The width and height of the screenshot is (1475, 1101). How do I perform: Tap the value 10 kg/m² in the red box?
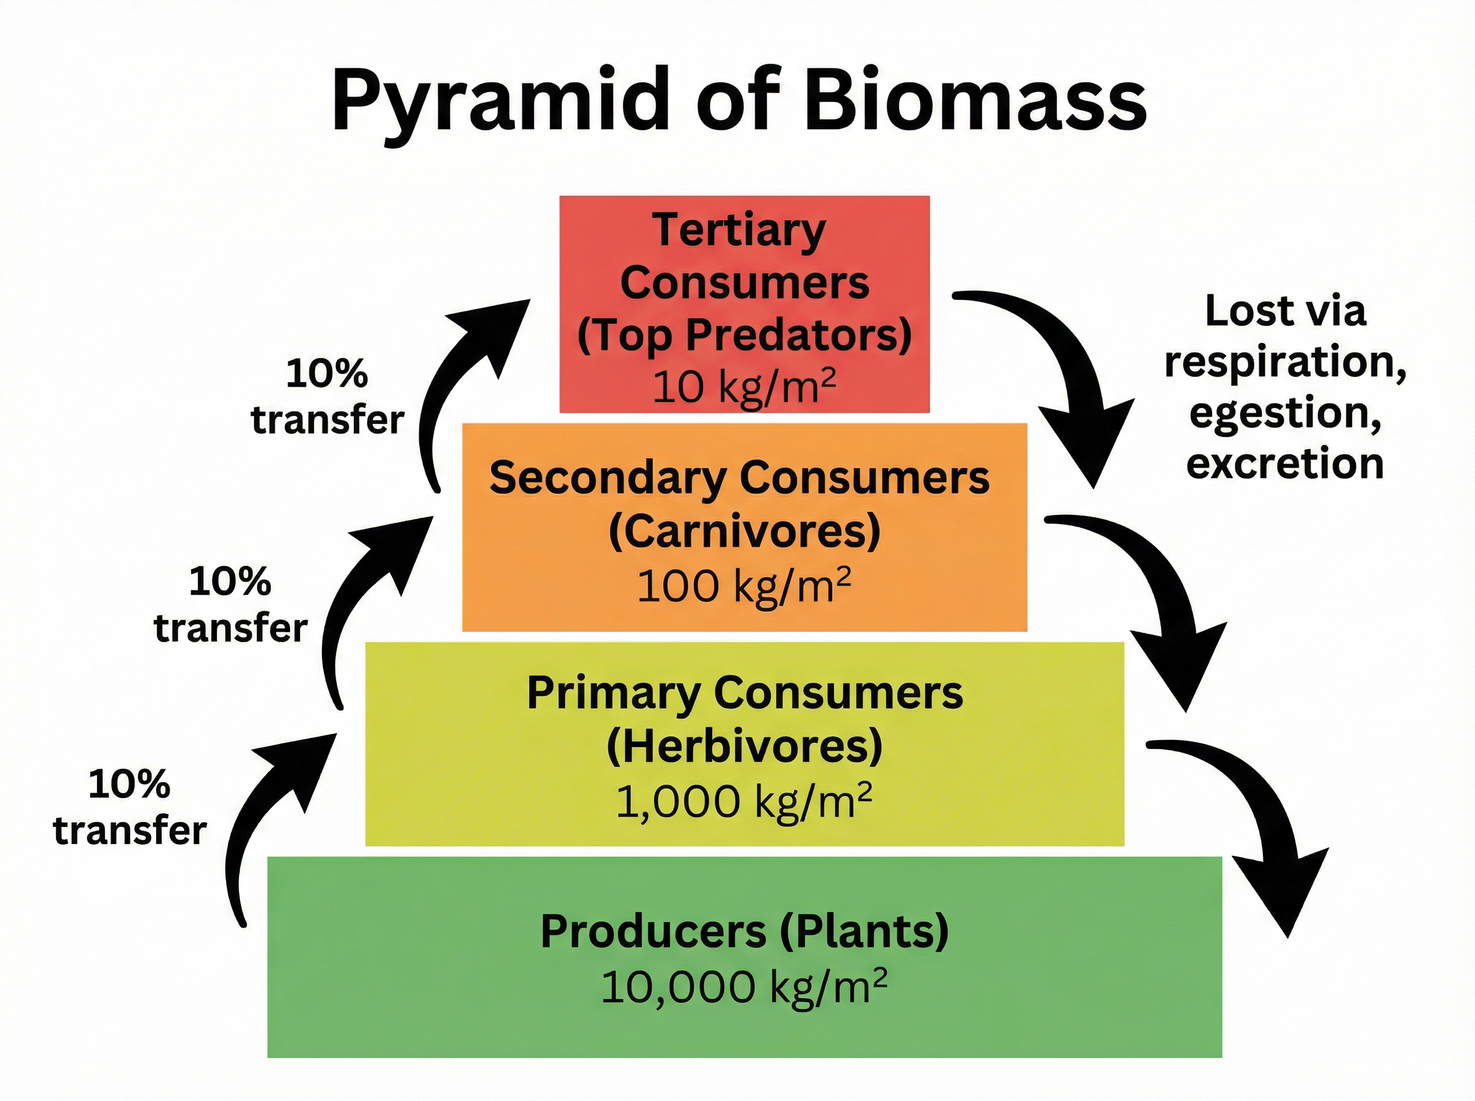744,387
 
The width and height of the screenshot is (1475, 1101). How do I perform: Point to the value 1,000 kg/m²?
744,801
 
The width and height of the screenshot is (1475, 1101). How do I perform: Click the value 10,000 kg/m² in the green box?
744,986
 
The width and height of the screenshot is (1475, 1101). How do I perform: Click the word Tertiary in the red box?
739,230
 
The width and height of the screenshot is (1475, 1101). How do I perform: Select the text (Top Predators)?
744,335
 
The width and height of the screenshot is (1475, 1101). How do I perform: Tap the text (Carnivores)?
744,532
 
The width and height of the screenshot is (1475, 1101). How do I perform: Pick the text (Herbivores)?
744,746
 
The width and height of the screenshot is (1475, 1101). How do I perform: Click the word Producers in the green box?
653,931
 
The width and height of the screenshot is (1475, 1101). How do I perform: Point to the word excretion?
1284,463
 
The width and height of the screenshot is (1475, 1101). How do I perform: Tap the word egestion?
1284,413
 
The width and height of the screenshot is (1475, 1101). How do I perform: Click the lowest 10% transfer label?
129,807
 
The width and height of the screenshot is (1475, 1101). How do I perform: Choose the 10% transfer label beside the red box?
326,396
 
